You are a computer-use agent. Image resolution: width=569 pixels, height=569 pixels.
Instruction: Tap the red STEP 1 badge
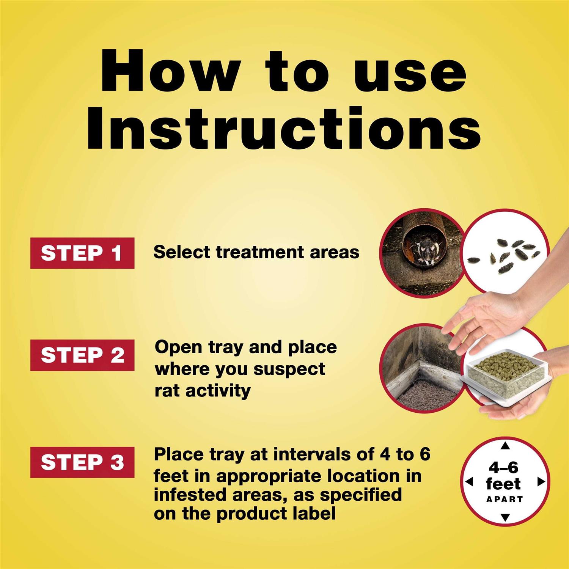pyautogui.click(x=82, y=253)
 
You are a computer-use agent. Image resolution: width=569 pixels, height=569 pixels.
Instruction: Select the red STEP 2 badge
pyautogui.click(x=82, y=355)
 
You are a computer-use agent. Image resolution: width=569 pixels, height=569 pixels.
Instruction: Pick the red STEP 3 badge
pyautogui.click(x=82, y=462)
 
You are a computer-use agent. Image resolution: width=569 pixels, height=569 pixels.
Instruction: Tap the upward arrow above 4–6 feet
pyautogui.click(x=505, y=446)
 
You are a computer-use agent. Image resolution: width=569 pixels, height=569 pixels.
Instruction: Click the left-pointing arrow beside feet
pyautogui.click(x=469, y=482)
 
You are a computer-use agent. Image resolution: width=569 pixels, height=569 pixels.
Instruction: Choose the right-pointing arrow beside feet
pyautogui.click(x=541, y=482)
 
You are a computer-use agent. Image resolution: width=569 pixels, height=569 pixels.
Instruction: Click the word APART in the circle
pyautogui.click(x=505, y=499)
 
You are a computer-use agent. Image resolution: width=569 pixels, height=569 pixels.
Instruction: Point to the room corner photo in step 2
pyautogui.click(x=421, y=367)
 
